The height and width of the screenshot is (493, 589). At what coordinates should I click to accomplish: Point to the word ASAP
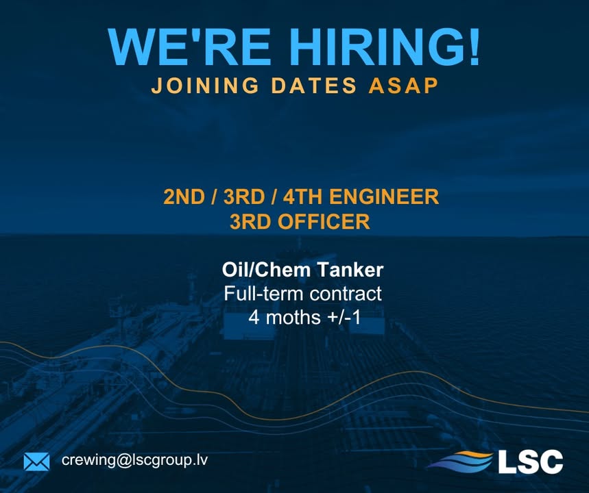coord(403,86)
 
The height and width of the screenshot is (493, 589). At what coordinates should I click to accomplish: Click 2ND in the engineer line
coord(184,197)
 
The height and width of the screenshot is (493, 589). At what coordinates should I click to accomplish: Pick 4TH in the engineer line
coord(303,197)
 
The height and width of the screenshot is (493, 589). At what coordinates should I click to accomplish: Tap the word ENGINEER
coord(384,197)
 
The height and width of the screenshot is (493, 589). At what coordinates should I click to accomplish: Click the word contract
coord(346,294)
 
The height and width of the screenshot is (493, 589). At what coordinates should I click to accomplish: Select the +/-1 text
coord(344,318)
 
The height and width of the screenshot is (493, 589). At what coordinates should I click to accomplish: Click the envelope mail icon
coord(36,462)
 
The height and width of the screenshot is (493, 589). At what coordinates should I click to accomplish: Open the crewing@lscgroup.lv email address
coord(134,460)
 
